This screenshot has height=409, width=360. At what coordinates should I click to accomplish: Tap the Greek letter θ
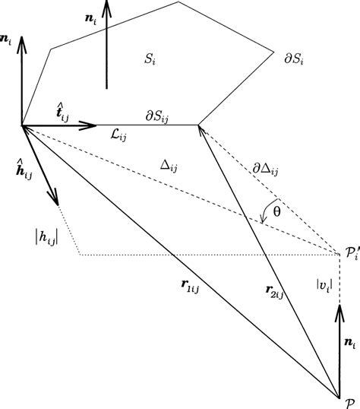click(276, 214)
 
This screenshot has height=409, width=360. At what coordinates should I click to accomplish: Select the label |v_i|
click(324, 284)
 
